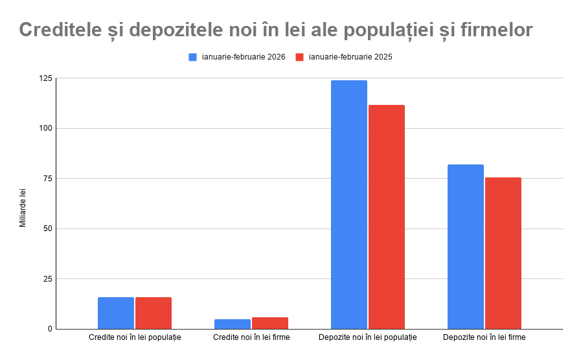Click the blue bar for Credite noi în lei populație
point(116,313)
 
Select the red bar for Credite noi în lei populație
point(154,313)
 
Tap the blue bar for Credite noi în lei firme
point(233,324)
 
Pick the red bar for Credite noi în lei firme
point(270,323)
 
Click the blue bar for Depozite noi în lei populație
point(349,205)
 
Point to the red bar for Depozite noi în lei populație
point(387,217)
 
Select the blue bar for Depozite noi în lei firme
point(466,247)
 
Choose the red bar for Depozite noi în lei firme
point(503,253)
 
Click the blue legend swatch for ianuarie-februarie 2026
point(192,57)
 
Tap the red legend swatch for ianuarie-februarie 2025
point(299,57)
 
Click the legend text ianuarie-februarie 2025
point(350,57)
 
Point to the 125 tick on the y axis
point(45,78)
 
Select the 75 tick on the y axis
point(47,179)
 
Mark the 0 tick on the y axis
point(49,329)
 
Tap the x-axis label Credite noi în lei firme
point(251,337)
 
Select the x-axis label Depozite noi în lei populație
point(368,337)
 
